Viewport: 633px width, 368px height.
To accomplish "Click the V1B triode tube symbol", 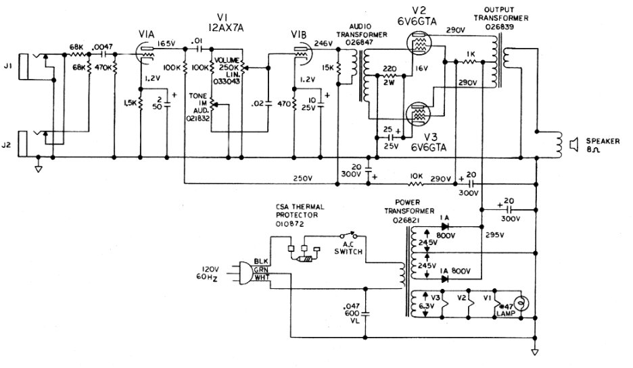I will [x=299, y=52].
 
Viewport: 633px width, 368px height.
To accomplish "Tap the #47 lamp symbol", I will [x=520, y=301].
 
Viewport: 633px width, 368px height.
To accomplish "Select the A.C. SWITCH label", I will [x=351, y=248].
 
